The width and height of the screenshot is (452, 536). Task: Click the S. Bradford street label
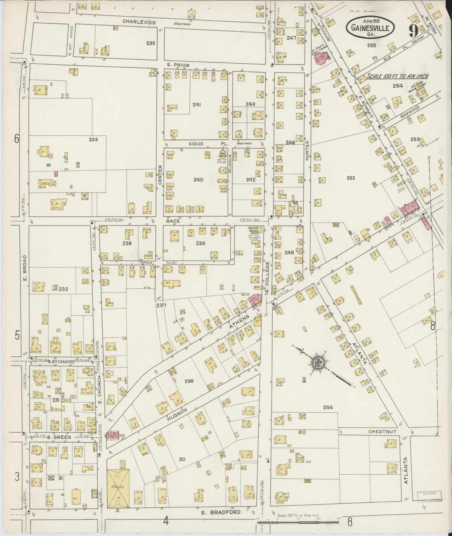[221, 512]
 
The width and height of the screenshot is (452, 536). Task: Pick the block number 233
[93, 139]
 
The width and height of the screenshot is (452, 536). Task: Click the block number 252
[351, 178]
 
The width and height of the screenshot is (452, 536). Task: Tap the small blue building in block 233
[49, 165]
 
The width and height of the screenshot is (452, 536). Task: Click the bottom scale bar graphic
[298, 522]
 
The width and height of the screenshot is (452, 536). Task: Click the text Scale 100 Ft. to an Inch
[398, 76]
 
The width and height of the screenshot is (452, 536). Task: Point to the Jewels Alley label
[159, 263]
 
